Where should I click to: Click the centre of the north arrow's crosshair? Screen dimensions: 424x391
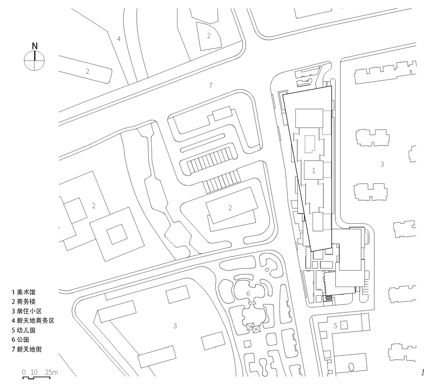(x=34, y=60)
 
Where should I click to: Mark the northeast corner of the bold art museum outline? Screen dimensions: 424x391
(x=331, y=86)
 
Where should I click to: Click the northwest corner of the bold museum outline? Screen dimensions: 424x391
(x=283, y=94)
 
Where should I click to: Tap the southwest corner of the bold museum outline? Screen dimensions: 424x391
(x=311, y=251)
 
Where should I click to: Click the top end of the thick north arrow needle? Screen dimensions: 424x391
(x=35, y=51)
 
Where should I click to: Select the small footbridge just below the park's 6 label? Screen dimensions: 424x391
(x=252, y=303)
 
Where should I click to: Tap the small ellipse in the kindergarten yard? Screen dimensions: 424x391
(x=351, y=368)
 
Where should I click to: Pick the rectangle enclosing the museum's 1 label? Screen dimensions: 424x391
(x=314, y=170)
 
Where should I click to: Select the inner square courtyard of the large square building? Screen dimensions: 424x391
(x=117, y=234)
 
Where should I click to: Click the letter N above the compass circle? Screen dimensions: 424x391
(x=35, y=46)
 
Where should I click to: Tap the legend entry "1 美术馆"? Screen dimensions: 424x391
(x=23, y=292)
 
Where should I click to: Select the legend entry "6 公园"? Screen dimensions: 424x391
(x=20, y=340)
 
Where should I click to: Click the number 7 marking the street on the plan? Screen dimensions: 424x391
(x=211, y=86)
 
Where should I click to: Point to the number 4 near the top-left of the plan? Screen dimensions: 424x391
(x=119, y=39)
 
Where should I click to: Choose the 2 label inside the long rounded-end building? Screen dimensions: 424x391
(x=88, y=71)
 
